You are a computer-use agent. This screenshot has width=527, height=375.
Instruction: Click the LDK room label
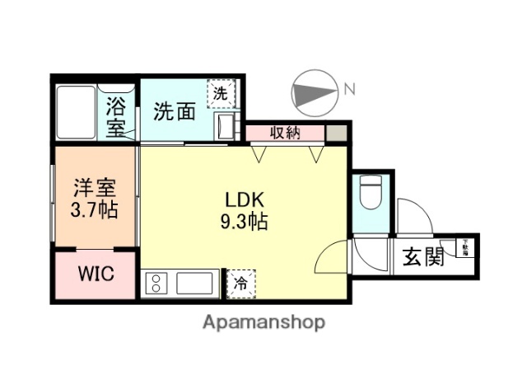pyautogui.click(x=245, y=199)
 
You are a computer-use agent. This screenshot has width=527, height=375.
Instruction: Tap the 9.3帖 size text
pyautogui.click(x=245, y=221)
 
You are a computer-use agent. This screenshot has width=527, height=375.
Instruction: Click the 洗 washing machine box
pyautogui.click(x=221, y=93)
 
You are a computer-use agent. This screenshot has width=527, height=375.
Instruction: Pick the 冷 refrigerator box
pyautogui.click(x=241, y=283)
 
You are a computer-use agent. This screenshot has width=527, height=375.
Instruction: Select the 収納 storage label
pyautogui.click(x=285, y=133)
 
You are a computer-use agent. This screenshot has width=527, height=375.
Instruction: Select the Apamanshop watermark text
pyautogui.click(x=263, y=321)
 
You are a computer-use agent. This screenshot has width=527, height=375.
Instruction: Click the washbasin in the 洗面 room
pyautogui.click(x=225, y=125)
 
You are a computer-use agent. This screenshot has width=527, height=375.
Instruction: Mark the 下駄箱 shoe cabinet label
pyautogui.click(x=465, y=246)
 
